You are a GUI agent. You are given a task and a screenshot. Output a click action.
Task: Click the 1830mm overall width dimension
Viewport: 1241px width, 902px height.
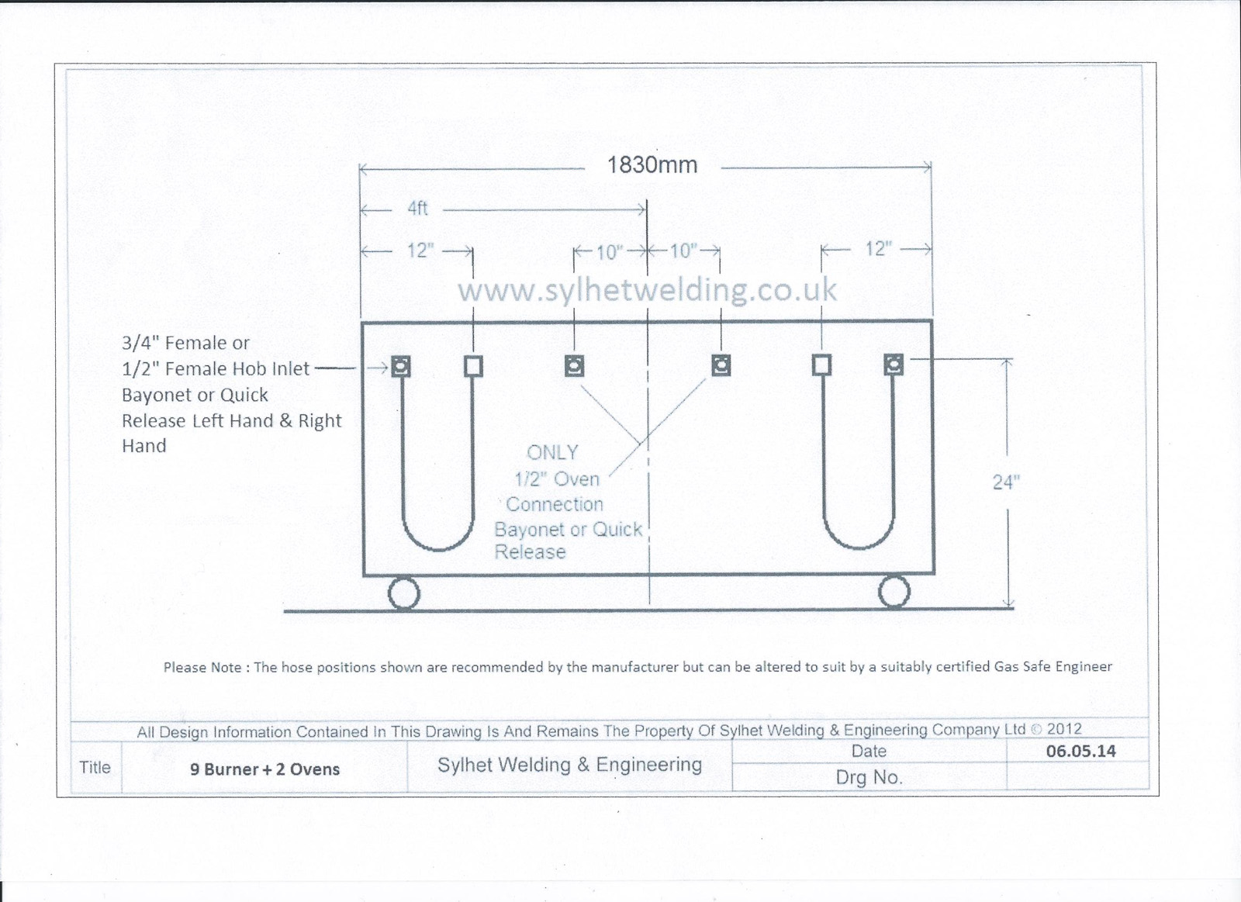(x=652, y=165)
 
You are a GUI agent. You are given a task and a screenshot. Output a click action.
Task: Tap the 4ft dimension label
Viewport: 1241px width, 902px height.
(x=418, y=209)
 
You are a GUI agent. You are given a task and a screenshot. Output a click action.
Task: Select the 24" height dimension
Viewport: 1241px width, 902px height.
(x=1006, y=482)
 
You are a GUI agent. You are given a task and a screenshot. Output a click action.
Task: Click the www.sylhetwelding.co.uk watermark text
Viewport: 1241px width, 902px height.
(x=647, y=290)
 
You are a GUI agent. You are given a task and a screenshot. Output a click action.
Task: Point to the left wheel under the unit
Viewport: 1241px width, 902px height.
(x=404, y=593)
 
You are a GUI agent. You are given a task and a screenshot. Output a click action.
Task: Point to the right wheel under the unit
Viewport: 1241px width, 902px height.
(x=894, y=593)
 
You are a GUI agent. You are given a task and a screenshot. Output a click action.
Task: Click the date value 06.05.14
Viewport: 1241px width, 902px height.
(x=1081, y=751)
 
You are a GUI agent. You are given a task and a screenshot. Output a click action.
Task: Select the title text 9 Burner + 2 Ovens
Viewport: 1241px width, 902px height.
(x=264, y=769)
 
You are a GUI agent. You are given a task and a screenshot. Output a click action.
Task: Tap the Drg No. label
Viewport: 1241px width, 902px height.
(x=869, y=777)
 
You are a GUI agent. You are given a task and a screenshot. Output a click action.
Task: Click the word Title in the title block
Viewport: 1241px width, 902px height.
(x=95, y=767)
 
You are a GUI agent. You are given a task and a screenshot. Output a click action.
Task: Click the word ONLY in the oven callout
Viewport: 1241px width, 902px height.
(x=552, y=453)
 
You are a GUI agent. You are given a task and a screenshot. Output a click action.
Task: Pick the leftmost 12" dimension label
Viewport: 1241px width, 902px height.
(x=420, y=251)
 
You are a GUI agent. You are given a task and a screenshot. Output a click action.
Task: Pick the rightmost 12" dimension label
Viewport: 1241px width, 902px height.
(x=879, y=249)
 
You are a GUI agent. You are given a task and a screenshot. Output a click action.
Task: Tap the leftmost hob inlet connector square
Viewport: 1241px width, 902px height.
(x=401, y=367)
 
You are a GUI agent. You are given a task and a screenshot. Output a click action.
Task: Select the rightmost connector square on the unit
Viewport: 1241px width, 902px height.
(x=893, y=365)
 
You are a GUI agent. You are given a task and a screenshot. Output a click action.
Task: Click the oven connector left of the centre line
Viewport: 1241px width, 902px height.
(x=574, y=366)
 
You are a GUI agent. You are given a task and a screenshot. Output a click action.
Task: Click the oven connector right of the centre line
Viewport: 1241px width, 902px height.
(x=721, y=365)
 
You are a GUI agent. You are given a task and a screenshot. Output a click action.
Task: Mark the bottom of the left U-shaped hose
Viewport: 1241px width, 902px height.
(x=437, y=550)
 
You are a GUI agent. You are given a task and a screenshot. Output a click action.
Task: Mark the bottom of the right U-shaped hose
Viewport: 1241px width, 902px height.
(x=859, y=548)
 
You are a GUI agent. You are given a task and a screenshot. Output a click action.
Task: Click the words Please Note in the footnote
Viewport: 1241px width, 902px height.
(x=202, y=668)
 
